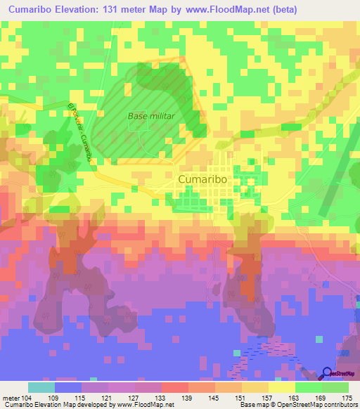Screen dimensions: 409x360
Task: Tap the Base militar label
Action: click(x=150, y=116)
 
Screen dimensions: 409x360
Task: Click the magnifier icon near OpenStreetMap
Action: click(x=328, y=373)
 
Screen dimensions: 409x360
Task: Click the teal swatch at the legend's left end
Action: click(x=41, y=387)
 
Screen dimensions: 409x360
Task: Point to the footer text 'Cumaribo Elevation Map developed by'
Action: click(x=49, y=405)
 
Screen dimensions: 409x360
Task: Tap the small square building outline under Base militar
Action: click(x=134, y=124)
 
